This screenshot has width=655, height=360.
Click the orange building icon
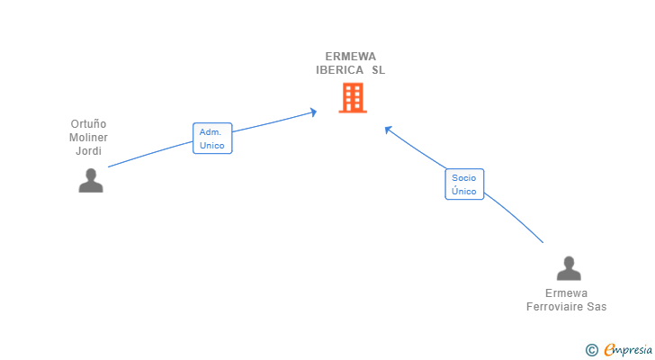(x=353, y=97)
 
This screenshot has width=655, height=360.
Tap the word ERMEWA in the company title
(x=351, y=56)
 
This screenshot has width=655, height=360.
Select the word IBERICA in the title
(x=339, y=70)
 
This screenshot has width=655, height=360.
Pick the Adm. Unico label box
(x=212, y=138)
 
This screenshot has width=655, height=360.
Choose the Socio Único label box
(x=464, y=184)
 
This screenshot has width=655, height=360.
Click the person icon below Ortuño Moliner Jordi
(x=91, y=181)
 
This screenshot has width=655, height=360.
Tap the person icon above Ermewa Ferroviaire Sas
(x=569, y=269)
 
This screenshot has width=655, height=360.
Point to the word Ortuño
(x=88, y=124)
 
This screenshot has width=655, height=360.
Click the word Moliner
(x=88, y=138)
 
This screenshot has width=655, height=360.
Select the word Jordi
(x=88, y=151)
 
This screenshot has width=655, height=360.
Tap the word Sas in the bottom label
(x=597, y=307)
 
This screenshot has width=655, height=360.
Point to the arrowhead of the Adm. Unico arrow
(x=314, y=112)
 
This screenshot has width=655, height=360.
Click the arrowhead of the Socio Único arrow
(x=388, y=129)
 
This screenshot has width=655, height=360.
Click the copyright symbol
(x=591, y=350)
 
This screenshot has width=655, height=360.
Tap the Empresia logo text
(x=628, y=349)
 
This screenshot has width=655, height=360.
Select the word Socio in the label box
(x=464, y=178)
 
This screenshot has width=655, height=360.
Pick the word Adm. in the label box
(x=211, y=131)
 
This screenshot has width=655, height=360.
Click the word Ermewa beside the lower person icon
(x=567, y=293)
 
